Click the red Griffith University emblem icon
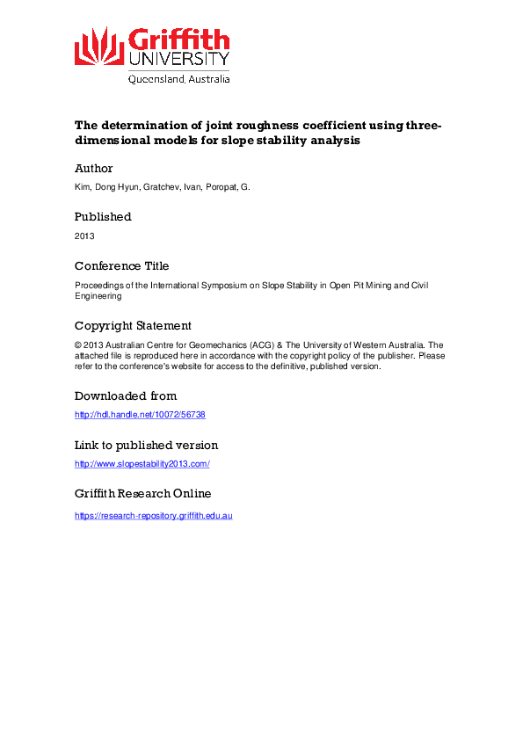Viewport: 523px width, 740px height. (99, 47)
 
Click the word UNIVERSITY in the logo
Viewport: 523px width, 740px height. (179, 59)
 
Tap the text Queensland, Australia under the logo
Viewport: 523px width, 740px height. (179, 78)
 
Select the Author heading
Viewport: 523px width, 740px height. (94, 168)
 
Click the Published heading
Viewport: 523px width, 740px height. (103, 216)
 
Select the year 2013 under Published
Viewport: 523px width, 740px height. (84, 236)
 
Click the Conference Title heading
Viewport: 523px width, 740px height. (122, 265)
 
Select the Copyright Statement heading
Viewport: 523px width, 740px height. (133, 325)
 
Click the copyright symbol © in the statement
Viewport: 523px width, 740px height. (77, 345)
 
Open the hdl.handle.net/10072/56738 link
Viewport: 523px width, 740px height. (140, 415)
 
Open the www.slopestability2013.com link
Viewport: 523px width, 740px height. (142, 464)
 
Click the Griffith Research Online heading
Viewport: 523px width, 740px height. (142, 494)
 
